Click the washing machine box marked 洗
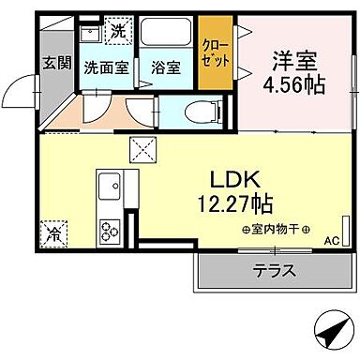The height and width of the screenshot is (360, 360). (117, 31)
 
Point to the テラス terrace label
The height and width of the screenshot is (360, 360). (274, 272)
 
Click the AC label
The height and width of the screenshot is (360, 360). (330, 241)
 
